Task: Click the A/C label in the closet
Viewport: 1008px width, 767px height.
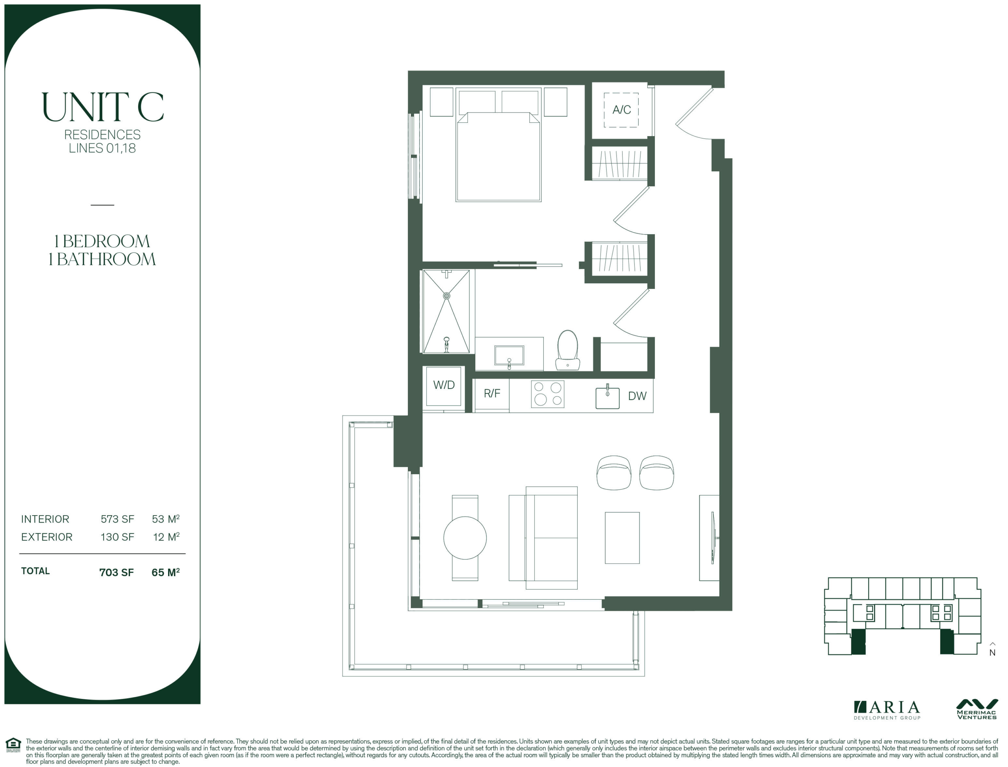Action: (621, 109)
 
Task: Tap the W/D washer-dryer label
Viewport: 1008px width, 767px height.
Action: (444, 385)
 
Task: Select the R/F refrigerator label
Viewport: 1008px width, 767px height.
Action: (492, 393)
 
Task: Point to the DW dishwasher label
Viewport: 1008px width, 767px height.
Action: (637, 396)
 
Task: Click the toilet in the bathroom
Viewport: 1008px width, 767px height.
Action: (568, 350)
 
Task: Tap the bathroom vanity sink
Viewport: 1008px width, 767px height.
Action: (509, 356)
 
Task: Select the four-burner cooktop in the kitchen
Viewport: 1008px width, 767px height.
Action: (548, 394)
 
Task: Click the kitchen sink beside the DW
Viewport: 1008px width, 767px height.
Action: (608, 397)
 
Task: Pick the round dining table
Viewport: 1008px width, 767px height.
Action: (465, 538)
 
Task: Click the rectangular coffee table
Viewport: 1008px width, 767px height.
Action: (622, 538)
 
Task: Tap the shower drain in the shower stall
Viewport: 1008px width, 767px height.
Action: (447, 296)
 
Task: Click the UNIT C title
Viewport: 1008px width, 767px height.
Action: (102, 107)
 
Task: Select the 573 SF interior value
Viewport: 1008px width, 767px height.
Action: (117, 519)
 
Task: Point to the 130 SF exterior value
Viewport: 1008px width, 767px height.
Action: (117, 537)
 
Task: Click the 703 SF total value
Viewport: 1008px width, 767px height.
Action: (117, 572)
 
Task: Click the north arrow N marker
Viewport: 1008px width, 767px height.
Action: (993, 650)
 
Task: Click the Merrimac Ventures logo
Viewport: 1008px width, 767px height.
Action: (977, 710)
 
